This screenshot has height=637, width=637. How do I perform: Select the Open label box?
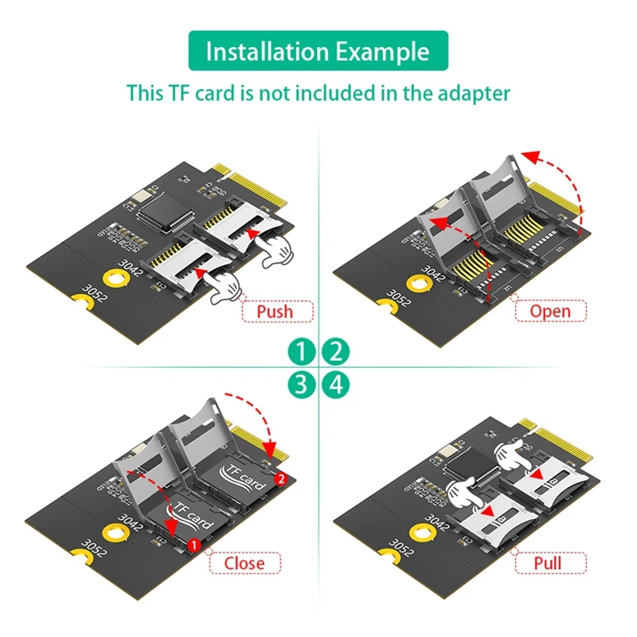point(549,310)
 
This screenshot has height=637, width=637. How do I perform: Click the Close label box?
point(244,562)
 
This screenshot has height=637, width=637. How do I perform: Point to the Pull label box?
point(549,562)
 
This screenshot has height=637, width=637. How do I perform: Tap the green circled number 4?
point(336,386)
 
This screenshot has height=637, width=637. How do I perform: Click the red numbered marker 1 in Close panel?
point(192,544)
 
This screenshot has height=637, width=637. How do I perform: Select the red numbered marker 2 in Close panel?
point(279,479)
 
